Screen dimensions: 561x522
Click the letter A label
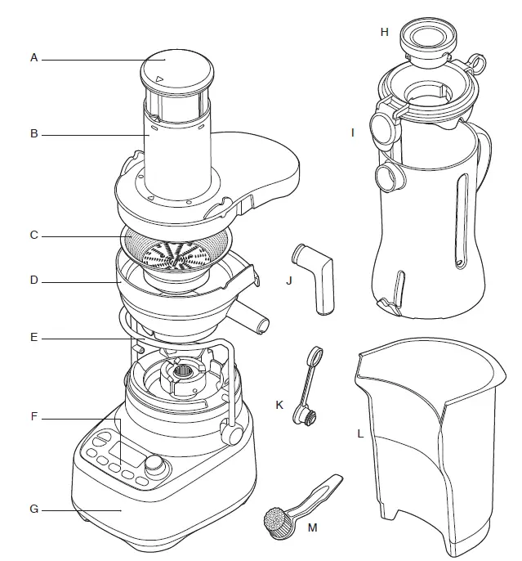click(x=34, y=58)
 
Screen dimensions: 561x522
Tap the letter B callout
click(x=34, y=133)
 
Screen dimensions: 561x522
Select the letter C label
click(x=34, y=236)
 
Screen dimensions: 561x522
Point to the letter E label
click(x=34, y=337)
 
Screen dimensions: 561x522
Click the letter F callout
click(x=34, y=417)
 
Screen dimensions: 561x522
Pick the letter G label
click(x=34, y=509)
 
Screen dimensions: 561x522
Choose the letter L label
click(x=359, y=434)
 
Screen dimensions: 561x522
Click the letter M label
click(x=311, y=527)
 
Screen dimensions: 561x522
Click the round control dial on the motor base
click(x=153, y=465)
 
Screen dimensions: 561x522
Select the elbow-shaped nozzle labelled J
click(x=316, y=276)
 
